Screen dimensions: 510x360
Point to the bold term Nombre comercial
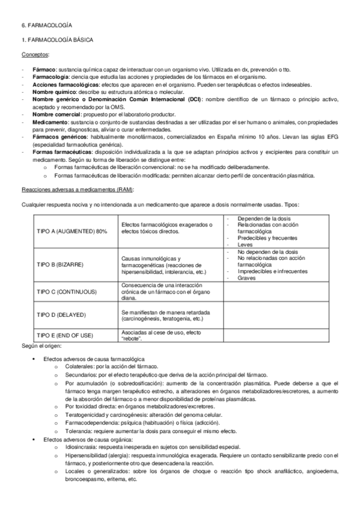click(x=55, y=114)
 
